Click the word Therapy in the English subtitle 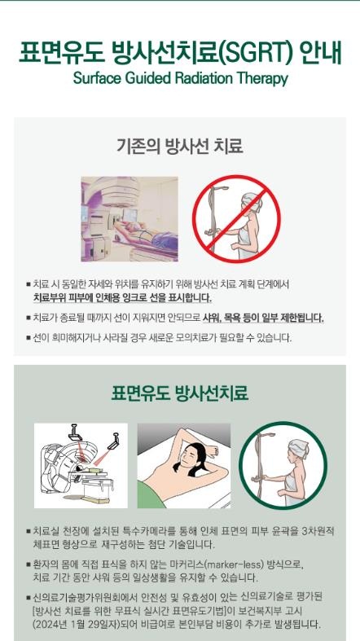tap(265, 78)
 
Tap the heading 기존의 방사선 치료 tap(180, 146)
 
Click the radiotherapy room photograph tap(130, 219)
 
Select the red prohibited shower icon tap(236, 219)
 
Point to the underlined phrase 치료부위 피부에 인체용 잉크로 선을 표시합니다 tap(123, 297)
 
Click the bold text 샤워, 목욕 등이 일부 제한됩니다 tap(263, 318)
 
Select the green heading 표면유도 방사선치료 tap(180, 393)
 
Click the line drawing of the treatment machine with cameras tap(81, 465)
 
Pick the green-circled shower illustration tap(283, 465)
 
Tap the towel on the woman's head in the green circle tap(298, 449)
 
